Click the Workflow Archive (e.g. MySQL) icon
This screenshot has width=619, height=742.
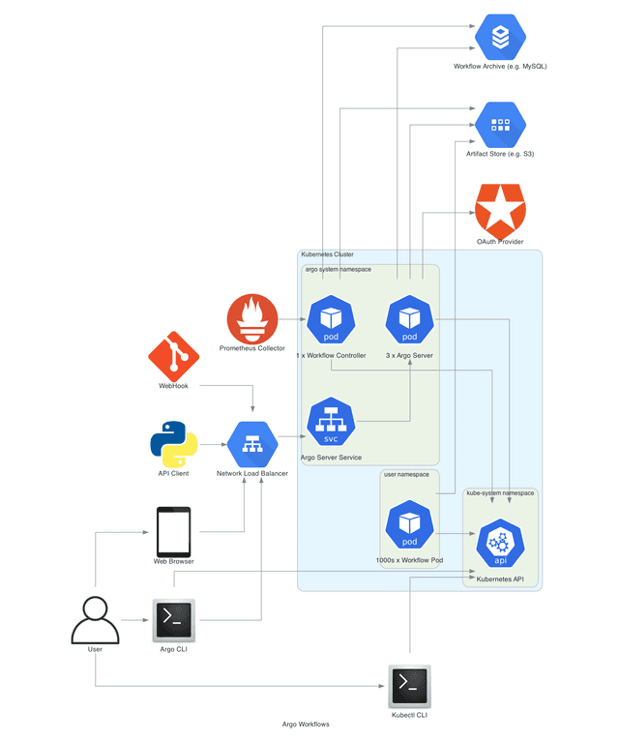pyautogui.click(x=500, y=37)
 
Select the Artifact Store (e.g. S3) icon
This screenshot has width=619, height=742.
pyautogui.click(x=500, y=125)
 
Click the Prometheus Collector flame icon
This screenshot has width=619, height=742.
pyautogui.click(x=252, y=319)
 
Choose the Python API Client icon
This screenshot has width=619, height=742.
pyautogui.click(x=174, y=444)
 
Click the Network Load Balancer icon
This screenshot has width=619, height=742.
pyautogui.click(x=252, y=444)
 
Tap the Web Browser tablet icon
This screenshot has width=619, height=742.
pyautogui.click(x=174, y=531)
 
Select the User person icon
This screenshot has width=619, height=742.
pyautogui.click(x=95, y=619)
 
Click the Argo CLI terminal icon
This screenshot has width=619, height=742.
pyautogui.click(x=174, y=619)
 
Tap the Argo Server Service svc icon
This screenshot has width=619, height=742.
pyautogui.click(x=331, y=424)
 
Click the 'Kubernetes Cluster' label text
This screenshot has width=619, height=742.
pyautogui.click(x=327, y=254)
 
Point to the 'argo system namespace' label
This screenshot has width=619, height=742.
pyautogui.click(x=338, y=269)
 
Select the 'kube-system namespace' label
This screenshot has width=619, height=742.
pyautogui.click(x=500, y=492)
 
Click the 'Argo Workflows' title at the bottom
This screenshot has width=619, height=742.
pyautogui.click(x=306, y=724)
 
